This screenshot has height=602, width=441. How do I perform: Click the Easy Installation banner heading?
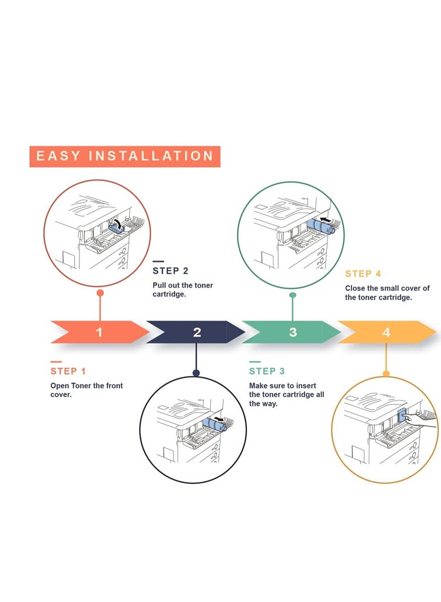tap(125, 156)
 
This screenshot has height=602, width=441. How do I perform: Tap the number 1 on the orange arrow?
tap(99, 332)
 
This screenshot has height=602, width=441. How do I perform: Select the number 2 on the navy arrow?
tap(197, 332)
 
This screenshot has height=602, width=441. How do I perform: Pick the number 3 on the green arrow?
tap(293, 332)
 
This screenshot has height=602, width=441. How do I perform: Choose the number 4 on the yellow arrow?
tap(386, 332)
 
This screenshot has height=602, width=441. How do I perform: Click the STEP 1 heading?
tap(68, 371)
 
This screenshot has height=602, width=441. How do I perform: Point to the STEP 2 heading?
tap(170, 271)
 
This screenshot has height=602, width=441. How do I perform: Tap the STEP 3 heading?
tap(267, 371)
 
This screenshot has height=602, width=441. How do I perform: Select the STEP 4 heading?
tap(363, 274)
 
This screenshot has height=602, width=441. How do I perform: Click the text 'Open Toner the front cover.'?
tap(87, 390)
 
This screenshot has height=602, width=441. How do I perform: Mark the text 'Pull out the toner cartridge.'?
tap(182, 290)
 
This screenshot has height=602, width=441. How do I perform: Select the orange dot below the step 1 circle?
tap(100, 294)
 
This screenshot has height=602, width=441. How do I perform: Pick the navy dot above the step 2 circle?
tap(196, 373)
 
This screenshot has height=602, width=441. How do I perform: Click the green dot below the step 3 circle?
tap(293, 295)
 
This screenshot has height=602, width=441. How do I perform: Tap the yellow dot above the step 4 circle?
tap(386, 374)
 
